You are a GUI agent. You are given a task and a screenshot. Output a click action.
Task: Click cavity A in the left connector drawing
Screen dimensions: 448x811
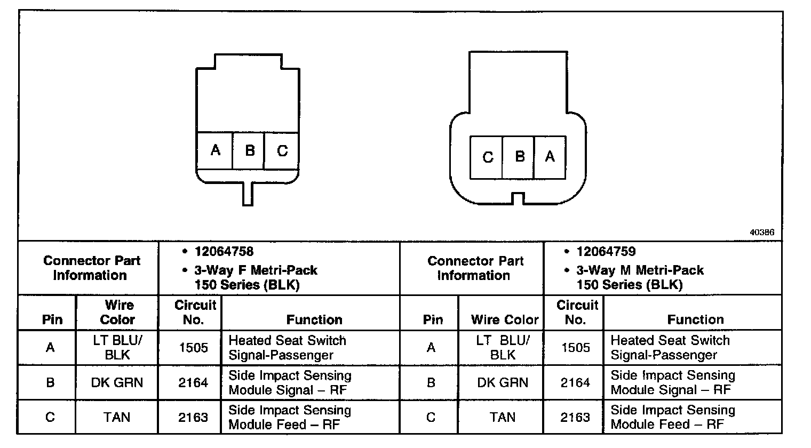(215, 150)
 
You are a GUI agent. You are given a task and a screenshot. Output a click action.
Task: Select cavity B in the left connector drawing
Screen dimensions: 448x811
(249, 150)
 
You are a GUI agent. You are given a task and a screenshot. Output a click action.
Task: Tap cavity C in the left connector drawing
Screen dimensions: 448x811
(282, 150)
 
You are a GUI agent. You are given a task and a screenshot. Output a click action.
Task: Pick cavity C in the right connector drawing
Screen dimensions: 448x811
(487, 157)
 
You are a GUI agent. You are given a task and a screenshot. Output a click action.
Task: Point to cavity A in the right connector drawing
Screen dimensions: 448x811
(550, 157)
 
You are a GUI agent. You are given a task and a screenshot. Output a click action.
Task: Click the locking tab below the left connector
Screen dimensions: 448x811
(248, 194)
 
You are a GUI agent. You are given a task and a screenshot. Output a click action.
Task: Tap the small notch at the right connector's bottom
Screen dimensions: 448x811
(516, 198)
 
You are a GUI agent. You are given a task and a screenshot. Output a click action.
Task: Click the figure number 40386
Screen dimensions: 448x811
(761, 233)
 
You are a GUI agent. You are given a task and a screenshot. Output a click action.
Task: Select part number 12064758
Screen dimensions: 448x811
(224, 252)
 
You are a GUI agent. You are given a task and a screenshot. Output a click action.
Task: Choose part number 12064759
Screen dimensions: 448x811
(606, 252)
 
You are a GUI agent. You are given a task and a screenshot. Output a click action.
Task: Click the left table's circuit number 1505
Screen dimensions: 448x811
(193, 348)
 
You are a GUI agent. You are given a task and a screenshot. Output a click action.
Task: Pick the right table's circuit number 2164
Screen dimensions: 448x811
(575, 382)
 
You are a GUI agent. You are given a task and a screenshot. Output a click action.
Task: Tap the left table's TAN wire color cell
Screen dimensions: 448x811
(117, 417)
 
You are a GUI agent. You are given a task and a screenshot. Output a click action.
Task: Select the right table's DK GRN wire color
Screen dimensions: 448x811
(503, 382)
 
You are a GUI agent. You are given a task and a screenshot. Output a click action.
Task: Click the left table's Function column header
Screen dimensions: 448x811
(314, 319)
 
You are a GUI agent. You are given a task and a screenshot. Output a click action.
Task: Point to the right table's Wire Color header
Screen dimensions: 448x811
(505, 319)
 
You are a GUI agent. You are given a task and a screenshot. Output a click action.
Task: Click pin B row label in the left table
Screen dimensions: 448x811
(50, 382)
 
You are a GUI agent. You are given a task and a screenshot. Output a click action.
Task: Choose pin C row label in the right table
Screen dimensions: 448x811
(431, 417)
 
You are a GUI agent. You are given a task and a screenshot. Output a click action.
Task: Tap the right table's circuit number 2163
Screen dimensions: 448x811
(575, 417)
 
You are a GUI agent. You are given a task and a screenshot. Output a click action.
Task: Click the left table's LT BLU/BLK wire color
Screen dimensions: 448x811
(117, 348)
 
